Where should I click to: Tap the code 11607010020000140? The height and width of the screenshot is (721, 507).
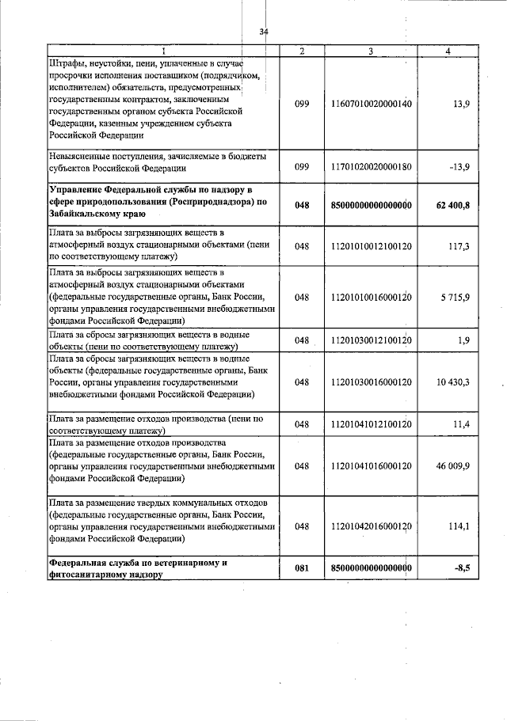[372, 104]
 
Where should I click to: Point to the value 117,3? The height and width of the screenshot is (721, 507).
[457, 247]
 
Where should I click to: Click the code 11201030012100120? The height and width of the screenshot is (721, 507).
[372, 340]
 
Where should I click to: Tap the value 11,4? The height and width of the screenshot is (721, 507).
[459, 425]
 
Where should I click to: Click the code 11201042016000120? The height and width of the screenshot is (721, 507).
[372, 526]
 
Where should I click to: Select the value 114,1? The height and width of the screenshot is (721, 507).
[457, 526]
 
